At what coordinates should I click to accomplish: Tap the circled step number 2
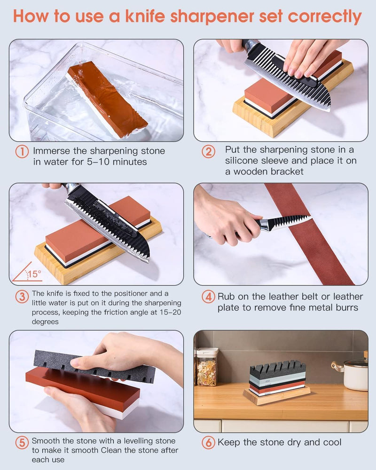(x=208, y=152)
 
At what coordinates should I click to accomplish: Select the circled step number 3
(x=22, y=297)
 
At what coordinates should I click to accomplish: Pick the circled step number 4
(x=208, y=297)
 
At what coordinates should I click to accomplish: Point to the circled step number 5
(x=22, y=442)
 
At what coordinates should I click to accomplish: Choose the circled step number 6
(x=208, y=442)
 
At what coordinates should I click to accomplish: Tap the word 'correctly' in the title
(x=325, y=17)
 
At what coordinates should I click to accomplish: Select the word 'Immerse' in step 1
(x=51, y=151)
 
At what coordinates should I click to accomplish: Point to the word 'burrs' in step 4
(x=346, y=307)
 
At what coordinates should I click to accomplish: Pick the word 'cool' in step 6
(x=331, y=442)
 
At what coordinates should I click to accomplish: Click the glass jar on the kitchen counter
(x=207, y=367)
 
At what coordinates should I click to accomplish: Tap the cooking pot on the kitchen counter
(x=352, y=372)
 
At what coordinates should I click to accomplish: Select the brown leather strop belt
(x=308, y=234)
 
